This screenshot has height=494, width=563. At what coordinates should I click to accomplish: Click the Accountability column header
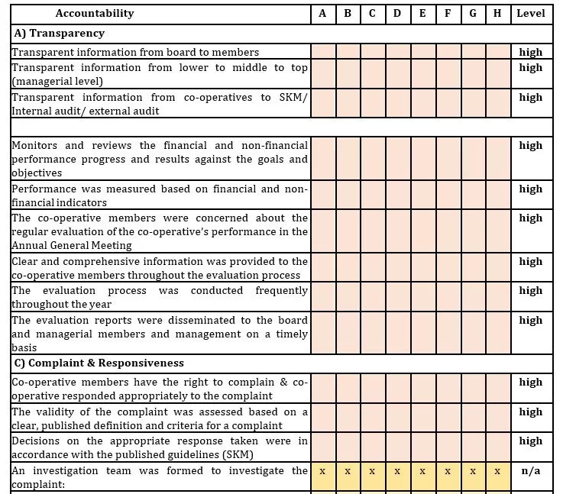click(x=95, y=13)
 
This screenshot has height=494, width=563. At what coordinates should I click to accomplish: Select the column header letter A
click(x=322, y=13)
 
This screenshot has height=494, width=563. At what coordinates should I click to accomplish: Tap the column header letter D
click(x=397, y=13)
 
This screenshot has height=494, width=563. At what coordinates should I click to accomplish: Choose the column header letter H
click(x=497, y=13)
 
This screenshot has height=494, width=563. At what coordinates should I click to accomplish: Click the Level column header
click(x=530, y=13)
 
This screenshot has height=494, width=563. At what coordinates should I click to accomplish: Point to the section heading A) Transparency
click(x=60, y=34)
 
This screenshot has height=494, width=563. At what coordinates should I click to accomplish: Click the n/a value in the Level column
click(x=530, y=470)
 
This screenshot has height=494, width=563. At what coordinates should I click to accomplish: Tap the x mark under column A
click(x=322, y=471)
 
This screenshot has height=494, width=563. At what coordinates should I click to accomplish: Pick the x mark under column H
click(x=497, y=471)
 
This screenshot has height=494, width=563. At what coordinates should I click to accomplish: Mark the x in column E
click(x=422, y=471)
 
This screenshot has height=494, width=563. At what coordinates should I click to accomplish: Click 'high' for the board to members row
click(x=530, y=52)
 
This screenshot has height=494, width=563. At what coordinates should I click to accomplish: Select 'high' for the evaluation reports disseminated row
click(x=530, y=320)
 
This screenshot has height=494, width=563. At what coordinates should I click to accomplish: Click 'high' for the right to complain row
click(x=530, y=382)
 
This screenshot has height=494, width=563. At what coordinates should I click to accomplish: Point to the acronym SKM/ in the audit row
click(x=293, y=97)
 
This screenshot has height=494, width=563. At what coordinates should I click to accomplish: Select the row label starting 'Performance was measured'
click(x=160, y=195)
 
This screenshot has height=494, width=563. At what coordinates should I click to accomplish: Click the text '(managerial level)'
click(x=57, y=81)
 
